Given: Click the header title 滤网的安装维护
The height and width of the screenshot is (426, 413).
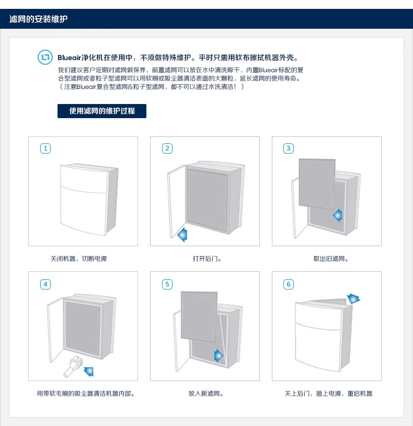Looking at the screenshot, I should (39, 19).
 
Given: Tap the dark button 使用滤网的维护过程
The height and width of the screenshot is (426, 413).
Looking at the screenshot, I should (102, 111).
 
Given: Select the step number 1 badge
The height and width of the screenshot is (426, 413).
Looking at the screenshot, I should (45, 148).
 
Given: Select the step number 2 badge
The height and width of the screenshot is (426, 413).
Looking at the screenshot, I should (167, 148).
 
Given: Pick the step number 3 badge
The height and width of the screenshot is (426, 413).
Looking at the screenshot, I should (289, 148).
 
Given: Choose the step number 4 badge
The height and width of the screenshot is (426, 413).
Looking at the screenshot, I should (45, 284).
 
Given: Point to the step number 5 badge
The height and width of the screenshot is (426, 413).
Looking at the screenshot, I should (167, 284).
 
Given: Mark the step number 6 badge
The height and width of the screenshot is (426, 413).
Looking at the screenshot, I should (289, 284).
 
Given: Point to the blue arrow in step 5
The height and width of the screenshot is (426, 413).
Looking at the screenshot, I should (218, 356).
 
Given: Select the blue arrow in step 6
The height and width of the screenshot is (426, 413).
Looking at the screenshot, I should (354, 298).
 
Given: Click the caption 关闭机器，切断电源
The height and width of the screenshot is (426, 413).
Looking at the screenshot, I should (78, 259).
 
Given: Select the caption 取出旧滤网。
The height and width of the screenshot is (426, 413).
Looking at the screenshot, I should (330, 259).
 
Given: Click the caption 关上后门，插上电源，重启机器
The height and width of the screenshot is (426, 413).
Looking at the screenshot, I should (328, 394).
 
